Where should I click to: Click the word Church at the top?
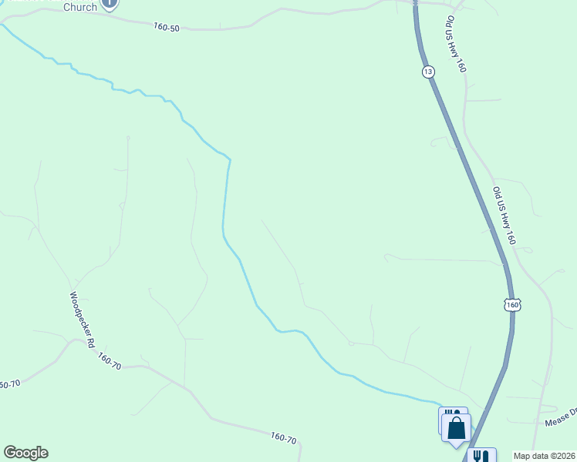(x=79, y=7)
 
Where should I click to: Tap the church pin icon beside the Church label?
(x=110, y=3)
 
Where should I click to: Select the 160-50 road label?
(x=166, y=28)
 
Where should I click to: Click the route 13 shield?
(x=428, y=72)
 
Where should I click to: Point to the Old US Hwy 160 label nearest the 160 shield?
(x=504, y=216)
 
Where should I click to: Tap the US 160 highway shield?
(x=514, y=305)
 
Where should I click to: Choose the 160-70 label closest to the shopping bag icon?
(x=284, y=438)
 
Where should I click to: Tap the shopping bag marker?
(x=456, y=428)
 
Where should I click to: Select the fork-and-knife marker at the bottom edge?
(x=481, y=456)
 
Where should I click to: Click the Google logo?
(x=25, y=453)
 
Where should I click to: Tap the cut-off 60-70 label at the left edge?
(x=8, y=384)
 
